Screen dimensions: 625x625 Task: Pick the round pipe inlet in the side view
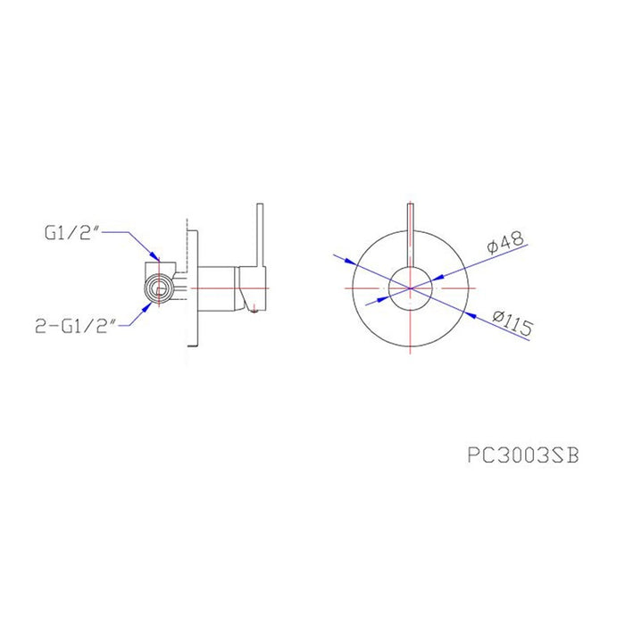tap(159, 287)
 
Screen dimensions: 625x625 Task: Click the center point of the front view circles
tap(410, 287)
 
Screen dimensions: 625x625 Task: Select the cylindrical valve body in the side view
tap(217, 287)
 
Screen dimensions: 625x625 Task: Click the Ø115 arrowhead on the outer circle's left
tap(350, 262)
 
